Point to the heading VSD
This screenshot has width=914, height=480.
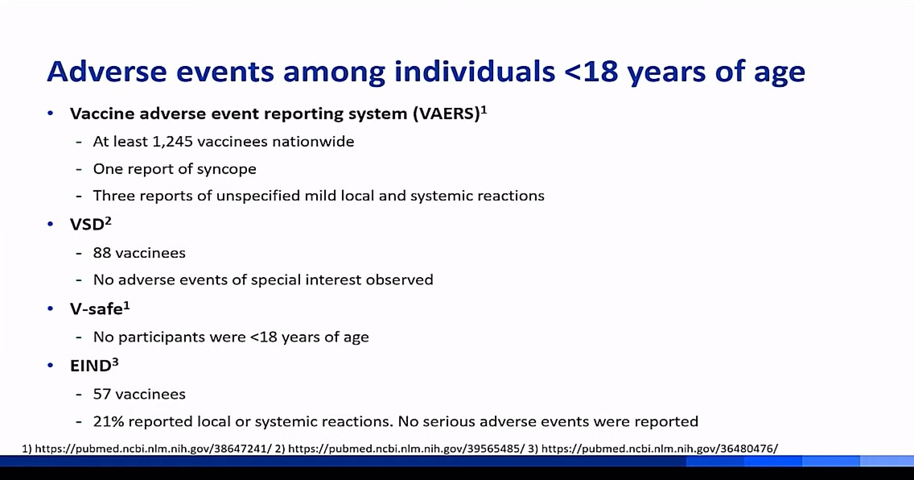pos(87,225)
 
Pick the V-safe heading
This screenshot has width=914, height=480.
pos(97,309)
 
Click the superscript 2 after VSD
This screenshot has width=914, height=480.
pos(108,221)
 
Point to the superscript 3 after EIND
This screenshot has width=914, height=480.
pos(115,362)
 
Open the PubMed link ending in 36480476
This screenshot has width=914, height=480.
pos(659,449)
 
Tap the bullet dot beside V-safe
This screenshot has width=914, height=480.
pos(51,308)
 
